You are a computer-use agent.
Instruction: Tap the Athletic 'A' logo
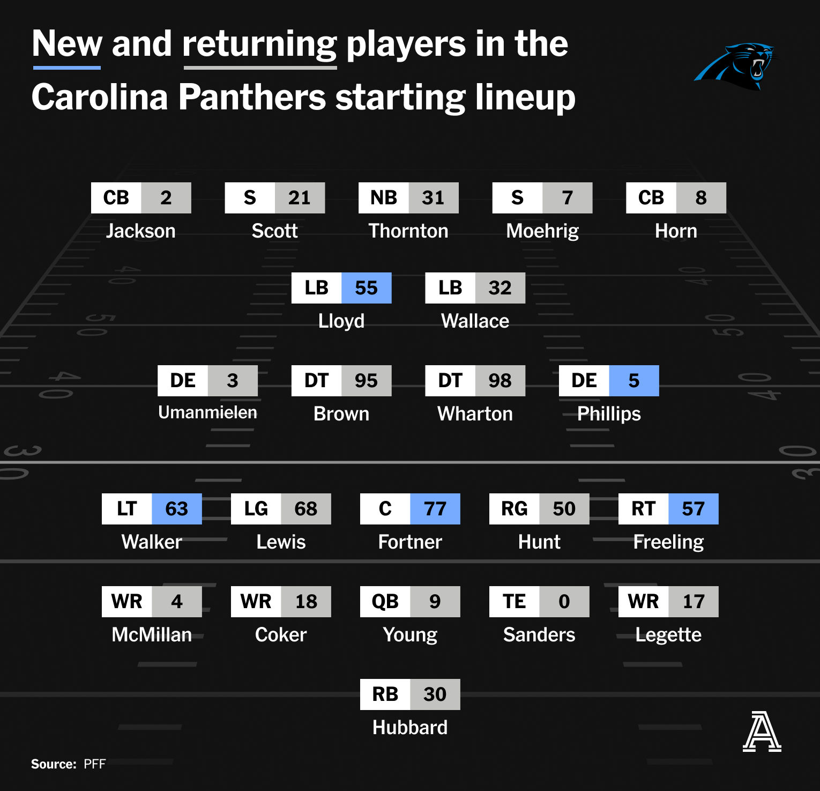pyautogui.click(x=762, y=731)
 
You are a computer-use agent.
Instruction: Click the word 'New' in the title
pyautogui.click(x=67, y=43)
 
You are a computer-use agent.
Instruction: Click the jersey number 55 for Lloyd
pyautogui.click(x=367, y=288)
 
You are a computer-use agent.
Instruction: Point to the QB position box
pyautogui.click(x=385, y=602)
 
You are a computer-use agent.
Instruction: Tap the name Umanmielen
pyautogui.click(x=207, y=412)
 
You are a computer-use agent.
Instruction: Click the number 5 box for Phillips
pyautogui.click(x=634, y=381)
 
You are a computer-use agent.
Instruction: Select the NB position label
pyautogui.click(x=384, y=198)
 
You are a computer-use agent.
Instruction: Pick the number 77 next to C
pyautogui.click(x=435, y=509)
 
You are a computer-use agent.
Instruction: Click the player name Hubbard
pyautogui.click(x=410, y=728)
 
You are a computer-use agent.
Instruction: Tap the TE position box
pyautogui.click(x=515, y=602)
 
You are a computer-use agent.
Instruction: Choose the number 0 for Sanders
pyautogui.click(x=564, y=602)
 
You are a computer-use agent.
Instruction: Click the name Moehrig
pyautogui.click(x=542, y=231)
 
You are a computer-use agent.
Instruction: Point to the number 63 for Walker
pyautogui.click(x=177, y=509)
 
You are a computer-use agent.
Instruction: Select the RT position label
pyautogui.click(x=644, y=509)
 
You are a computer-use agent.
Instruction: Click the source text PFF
pyautogui.click(x=95, y=764)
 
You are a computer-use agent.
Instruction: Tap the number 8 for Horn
pyautogui.click(x=701, y=198)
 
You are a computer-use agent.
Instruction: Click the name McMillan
pyautogui.click(x=152, y=635)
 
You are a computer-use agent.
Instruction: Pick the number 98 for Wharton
pyautogui.click(x=500, y=381)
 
